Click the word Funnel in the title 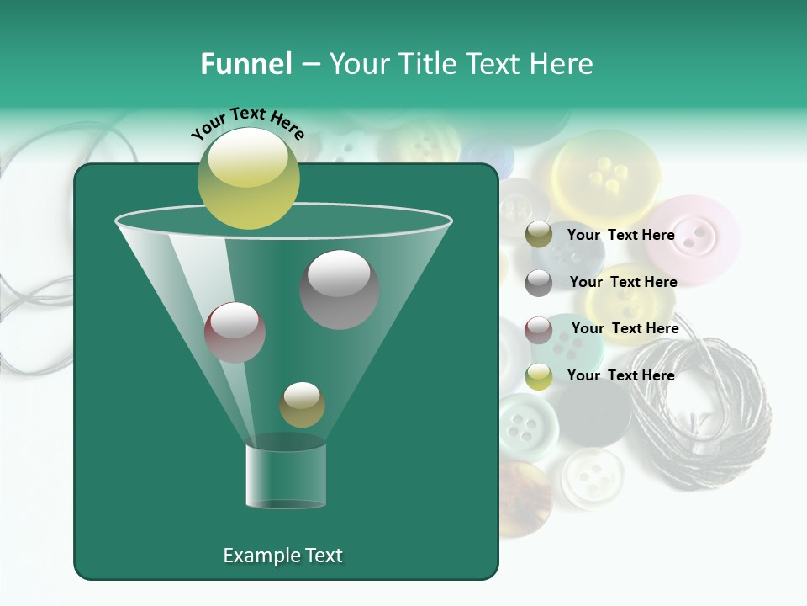245,64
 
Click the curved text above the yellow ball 248,122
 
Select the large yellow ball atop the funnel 248,178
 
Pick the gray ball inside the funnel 339,290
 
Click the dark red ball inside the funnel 235,332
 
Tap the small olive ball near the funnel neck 302,405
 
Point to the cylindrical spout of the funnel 286,475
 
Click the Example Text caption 282,555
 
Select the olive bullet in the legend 539,236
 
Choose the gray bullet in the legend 539,283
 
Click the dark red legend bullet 539,329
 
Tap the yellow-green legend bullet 539,376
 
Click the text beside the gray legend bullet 623,282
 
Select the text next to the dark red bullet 625,328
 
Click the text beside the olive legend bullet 620,235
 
